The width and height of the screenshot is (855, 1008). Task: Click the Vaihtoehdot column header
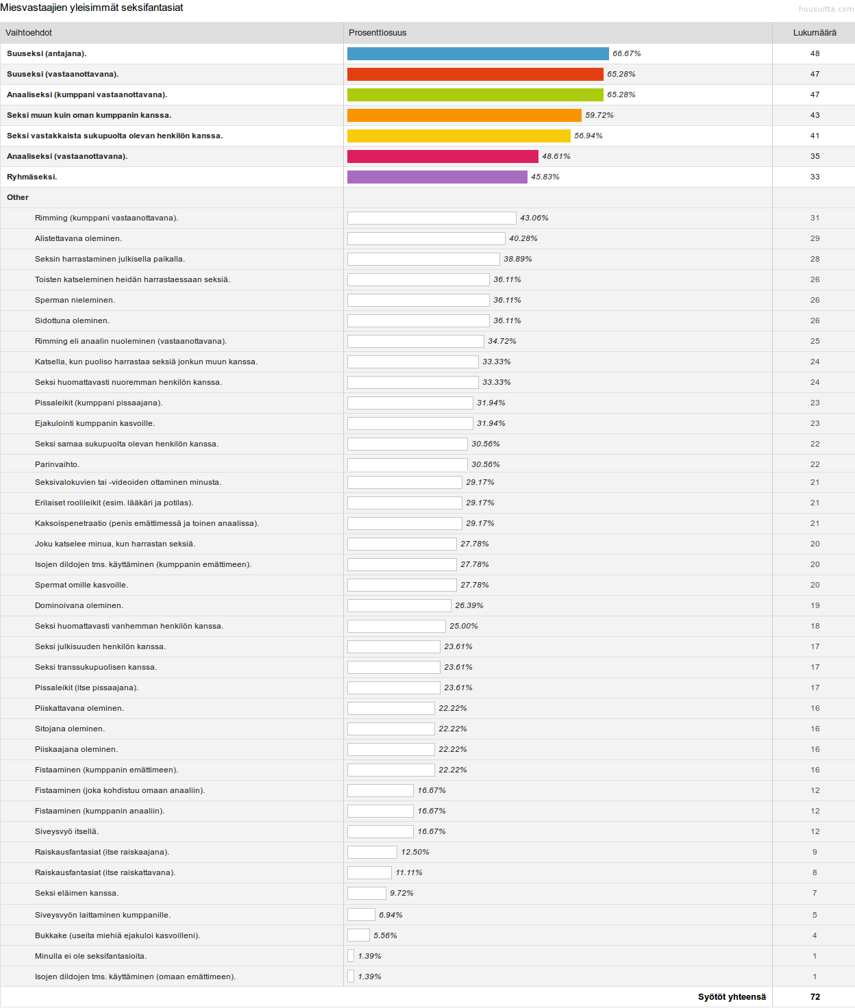(x=29, y=33)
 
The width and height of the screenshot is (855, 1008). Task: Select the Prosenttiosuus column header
(x=377, y=33)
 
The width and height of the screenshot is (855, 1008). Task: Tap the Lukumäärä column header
(x=815, y=33)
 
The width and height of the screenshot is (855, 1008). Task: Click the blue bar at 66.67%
(x=478, y=53)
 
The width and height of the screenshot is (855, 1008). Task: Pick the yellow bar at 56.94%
(x=458, y=136)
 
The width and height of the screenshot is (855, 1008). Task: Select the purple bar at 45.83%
(x=437, y=177)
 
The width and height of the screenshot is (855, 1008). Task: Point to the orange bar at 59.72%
(x=464, y=115)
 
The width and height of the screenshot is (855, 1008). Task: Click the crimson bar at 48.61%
(x=443, y=156)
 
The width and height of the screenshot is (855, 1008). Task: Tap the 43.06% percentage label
(x=534, y=218)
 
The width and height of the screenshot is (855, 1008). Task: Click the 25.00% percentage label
(x=464, y=626)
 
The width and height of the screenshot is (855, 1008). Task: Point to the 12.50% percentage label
(x=415, y=852)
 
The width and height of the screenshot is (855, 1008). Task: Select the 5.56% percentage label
(x=385, y=935)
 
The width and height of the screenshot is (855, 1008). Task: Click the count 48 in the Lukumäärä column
(x=815, y=53)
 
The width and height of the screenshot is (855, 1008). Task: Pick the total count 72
(x=815, y=997)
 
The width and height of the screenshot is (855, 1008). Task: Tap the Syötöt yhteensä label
(x=732, y=997)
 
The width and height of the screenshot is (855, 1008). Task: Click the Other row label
(x=18, y=197)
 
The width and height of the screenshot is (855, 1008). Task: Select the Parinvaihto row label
(x=57, y=464)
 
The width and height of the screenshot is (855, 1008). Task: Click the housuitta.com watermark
(x=826, y=9)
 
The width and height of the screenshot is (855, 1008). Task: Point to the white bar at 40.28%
(x=426, y=238)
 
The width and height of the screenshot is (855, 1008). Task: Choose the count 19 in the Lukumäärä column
(x=815, y=605)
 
